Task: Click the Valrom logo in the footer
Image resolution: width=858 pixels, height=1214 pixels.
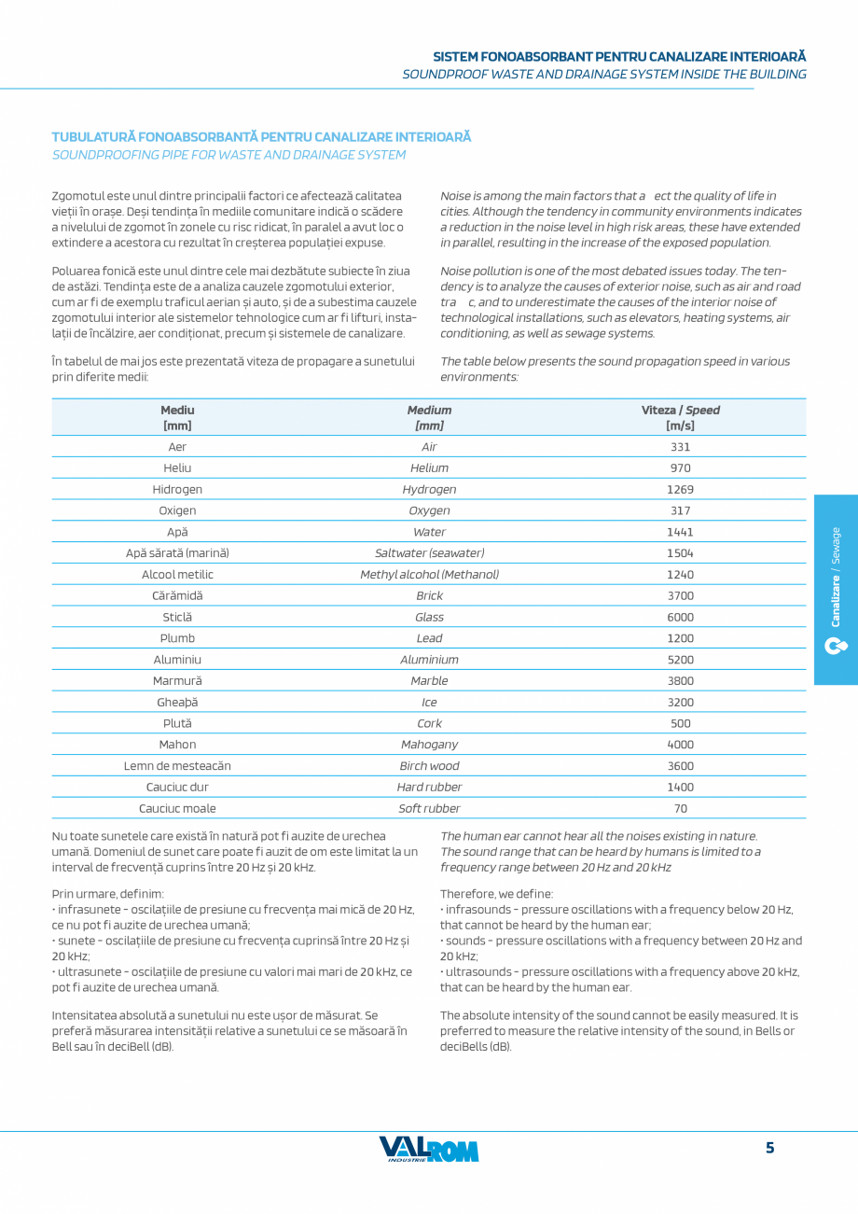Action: tap(428, 1150)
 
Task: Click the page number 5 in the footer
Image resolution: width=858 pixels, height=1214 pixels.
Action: tap(769, 1148)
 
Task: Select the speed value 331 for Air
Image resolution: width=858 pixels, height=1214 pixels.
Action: tap(680, 447)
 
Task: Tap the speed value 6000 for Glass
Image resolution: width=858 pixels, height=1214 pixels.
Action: tap(680, 617)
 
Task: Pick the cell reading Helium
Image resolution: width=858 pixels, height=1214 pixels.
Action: tap(429, 467)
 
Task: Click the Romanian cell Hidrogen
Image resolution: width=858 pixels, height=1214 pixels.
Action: tap(177, 489)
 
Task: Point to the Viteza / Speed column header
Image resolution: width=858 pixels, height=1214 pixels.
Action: tap(680, 417)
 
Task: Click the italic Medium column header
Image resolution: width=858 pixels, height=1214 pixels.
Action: tap(429, 417)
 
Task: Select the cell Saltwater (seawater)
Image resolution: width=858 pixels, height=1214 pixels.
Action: tap(429, 552)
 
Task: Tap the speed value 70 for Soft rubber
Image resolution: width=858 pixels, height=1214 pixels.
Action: tap(680, 808)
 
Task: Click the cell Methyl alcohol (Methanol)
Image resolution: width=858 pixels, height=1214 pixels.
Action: tap(429, 574)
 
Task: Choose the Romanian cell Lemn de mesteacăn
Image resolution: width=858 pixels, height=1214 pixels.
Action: tap(177, 766)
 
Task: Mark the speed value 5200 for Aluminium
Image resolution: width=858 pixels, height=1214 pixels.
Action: tap(680, 660)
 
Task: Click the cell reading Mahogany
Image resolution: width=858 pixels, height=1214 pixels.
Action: tap(429, 745)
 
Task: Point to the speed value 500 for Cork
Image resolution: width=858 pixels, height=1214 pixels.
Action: tap(680, 723)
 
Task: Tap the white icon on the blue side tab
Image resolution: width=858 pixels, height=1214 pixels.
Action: tap(836, 646)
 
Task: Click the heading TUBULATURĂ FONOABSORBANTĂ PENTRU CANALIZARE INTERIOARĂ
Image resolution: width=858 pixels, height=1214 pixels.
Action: tap(261, 137)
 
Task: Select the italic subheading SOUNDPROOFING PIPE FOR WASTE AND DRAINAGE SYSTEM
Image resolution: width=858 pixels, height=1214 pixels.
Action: tap(228, 155)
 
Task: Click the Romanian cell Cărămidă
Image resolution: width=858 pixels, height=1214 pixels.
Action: tap(177, 595)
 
